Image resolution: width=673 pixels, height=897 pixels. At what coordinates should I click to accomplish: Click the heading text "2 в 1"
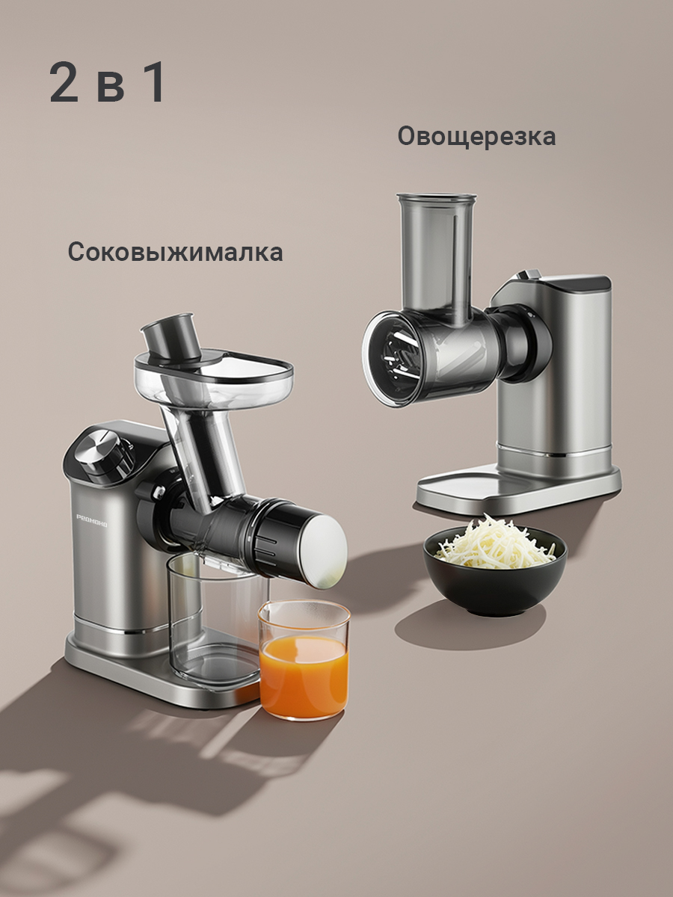point(108,83)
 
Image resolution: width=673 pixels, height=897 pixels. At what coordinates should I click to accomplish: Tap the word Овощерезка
point(476,137)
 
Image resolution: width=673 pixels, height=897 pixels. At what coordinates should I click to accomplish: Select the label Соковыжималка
point(176,252)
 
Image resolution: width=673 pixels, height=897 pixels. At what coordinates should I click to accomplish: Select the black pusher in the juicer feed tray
point(170,334)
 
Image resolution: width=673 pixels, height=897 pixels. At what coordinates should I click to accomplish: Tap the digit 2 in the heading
point(64,83)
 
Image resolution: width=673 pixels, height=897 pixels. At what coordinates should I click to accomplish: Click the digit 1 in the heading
point(153,83)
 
